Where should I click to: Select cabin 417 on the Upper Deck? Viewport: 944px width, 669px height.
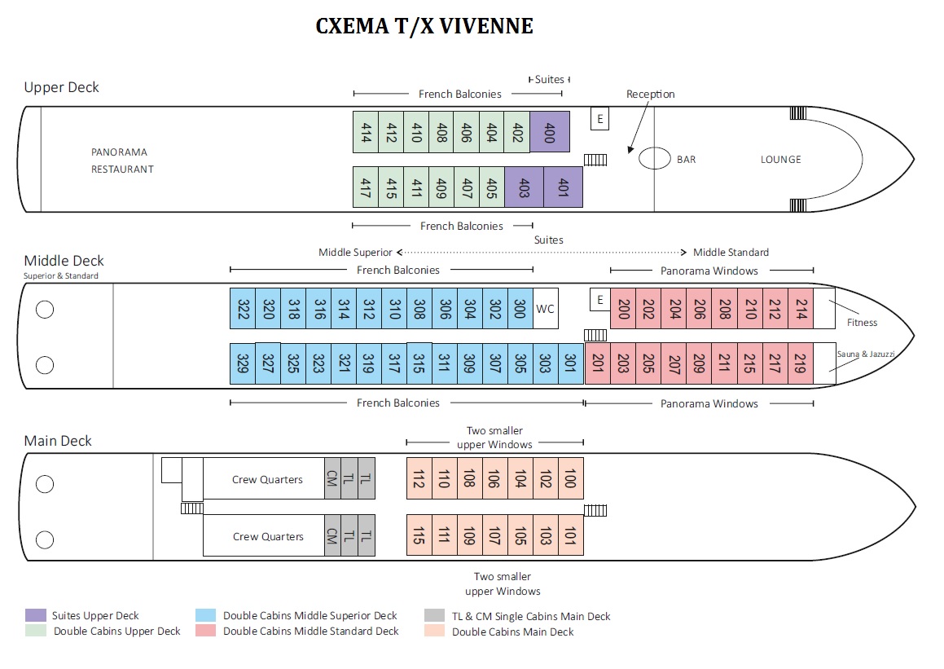(x=365, y=187)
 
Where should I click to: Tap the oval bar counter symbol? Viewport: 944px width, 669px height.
(x=654, y=158)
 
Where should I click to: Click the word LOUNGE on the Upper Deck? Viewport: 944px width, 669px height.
(x=780, y=160)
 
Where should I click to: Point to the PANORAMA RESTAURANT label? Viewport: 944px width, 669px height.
(x=122, y=161)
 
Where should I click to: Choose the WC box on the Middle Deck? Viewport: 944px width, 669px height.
(x=545, y=309)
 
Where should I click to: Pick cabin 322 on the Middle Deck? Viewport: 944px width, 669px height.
(x=243, y=309)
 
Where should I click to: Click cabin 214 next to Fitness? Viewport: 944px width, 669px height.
(x=800, y=309)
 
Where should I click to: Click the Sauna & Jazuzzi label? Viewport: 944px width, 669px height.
(x=866, y=354)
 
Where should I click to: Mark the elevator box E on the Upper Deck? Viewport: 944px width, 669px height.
(x=600, y=119)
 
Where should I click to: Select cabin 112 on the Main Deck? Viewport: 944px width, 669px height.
(x=419, y=478)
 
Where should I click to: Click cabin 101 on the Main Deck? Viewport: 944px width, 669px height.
(x=570, y=535)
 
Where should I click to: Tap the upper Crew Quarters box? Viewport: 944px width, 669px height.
(x=266, y=479)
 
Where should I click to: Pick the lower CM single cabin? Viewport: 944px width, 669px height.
(x=332, y=535)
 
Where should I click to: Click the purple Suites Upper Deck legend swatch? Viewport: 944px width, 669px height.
(x=36, y=615)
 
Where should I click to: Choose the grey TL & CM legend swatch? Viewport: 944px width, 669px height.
(x=434, y=616)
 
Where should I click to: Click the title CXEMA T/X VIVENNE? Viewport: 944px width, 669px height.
(x=424, y=27)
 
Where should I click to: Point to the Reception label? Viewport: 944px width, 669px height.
(x=650, y=95)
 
